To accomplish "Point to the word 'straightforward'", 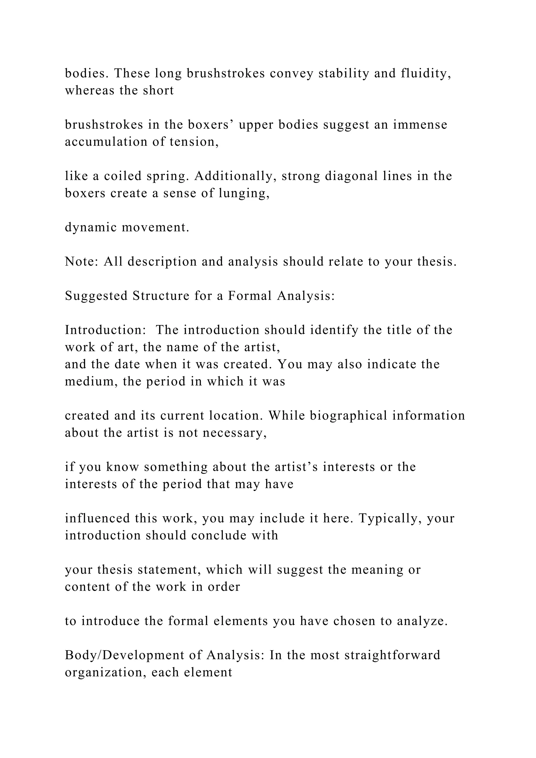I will (x=392, y=655).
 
